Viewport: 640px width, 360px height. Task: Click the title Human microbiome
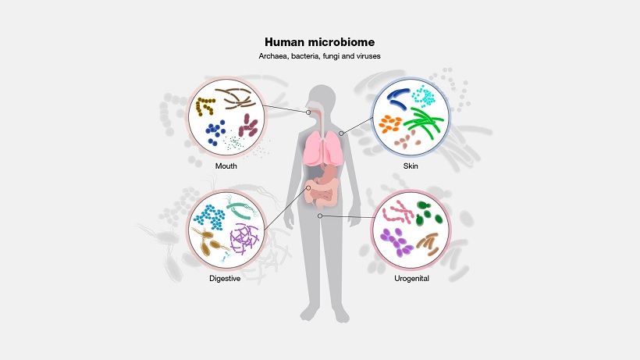(319, 42)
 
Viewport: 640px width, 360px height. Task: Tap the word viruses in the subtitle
(367, 56)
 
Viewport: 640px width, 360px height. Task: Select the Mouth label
(226, 166)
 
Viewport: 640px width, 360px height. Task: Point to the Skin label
(411, 166)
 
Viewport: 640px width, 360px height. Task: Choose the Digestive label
(224, 279)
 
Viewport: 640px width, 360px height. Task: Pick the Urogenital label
(411, 278)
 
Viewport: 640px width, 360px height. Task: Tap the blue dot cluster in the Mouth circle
(216, 128)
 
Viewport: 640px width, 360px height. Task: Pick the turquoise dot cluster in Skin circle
(424, 96)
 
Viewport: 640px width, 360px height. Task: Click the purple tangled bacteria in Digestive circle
(244, 237)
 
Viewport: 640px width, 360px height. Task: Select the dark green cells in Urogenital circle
(426, 213)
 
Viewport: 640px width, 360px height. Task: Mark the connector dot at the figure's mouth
(308, 112)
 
